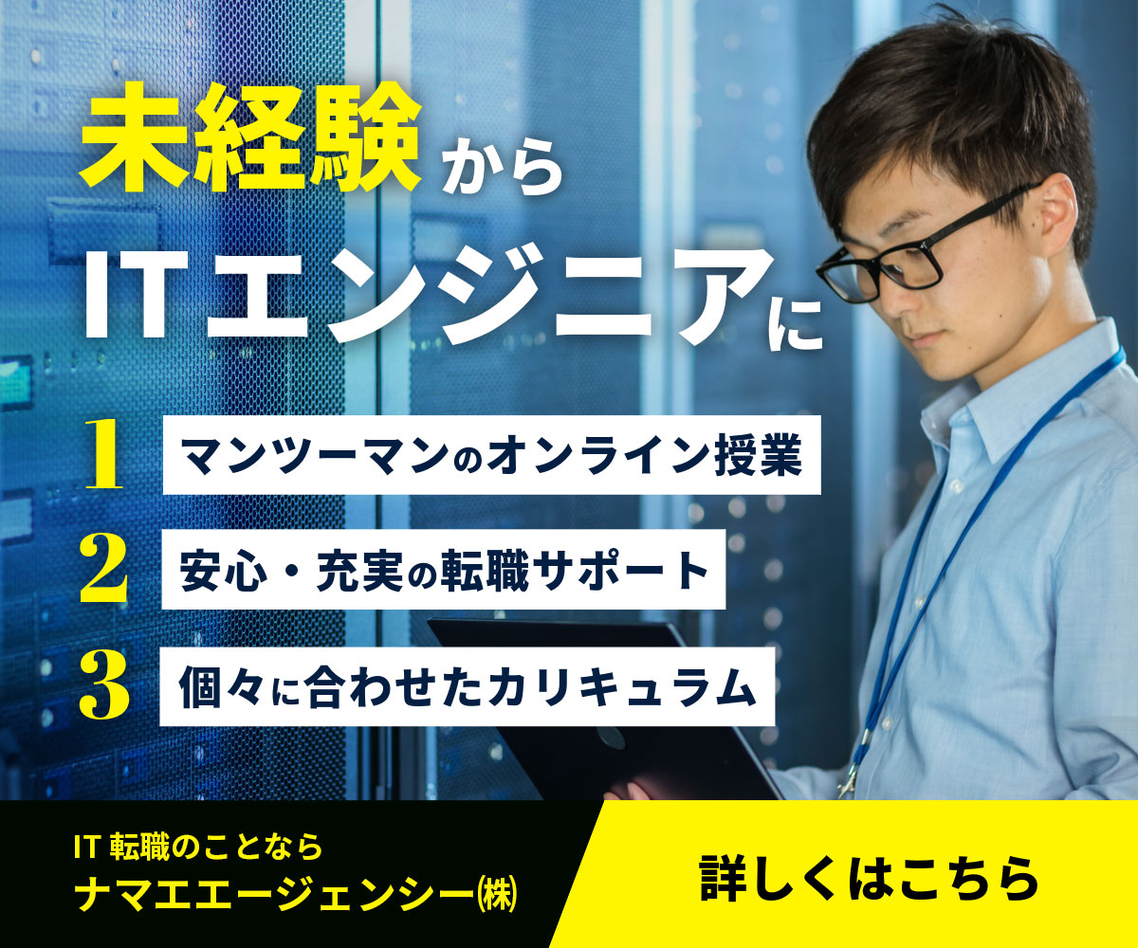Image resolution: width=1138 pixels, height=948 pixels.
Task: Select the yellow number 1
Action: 104,454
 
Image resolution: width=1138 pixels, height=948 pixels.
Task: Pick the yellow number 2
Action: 103,568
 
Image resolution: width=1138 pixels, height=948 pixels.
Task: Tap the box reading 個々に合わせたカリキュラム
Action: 467,686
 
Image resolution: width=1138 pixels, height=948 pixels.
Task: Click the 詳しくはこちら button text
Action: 869,878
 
